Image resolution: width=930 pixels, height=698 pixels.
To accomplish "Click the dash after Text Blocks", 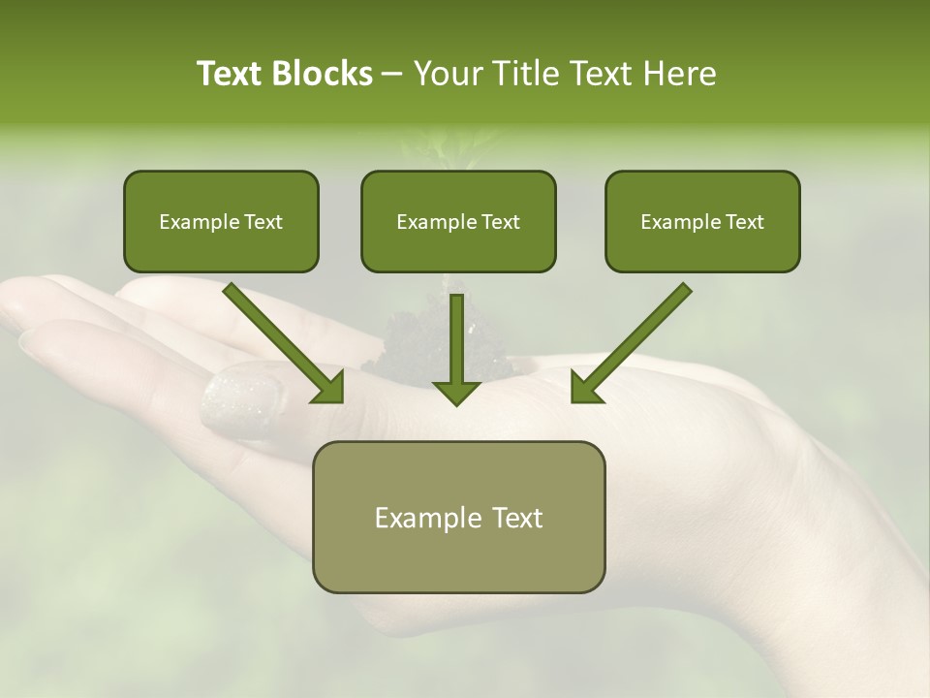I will [392, 75].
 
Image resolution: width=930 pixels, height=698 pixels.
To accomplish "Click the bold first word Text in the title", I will [233, 74].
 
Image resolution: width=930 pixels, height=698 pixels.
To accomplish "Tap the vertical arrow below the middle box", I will [456, 349].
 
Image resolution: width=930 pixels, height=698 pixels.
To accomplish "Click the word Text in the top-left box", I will [263, 222].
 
